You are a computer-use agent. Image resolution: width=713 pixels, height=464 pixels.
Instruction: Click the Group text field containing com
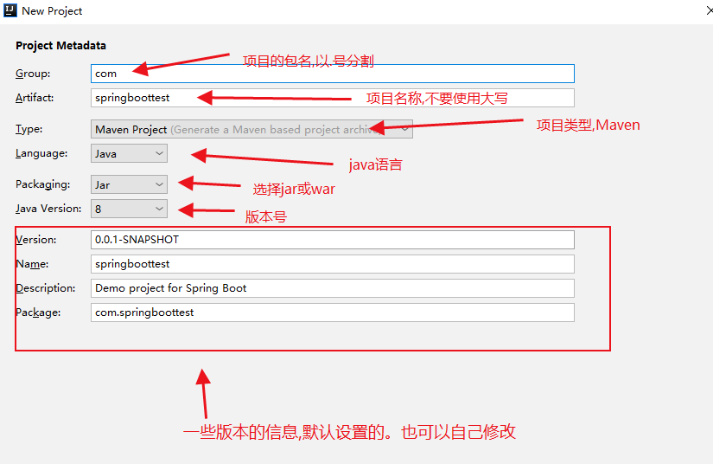coord(333,74)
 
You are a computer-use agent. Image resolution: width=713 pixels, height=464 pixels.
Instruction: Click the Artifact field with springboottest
coord(333,98)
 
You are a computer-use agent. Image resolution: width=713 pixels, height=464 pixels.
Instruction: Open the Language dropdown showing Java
coord(129,153)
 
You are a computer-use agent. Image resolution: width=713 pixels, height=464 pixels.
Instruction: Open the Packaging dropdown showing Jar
coord(129,184)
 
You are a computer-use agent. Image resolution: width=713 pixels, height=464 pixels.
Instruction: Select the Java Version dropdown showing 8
coord(129,209)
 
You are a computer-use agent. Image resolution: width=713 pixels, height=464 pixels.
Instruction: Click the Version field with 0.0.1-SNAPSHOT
coord(333,240)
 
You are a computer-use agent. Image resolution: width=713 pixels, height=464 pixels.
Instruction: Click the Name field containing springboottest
coord(333,264)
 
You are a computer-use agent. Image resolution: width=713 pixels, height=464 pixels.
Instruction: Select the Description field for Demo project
coord(333,288)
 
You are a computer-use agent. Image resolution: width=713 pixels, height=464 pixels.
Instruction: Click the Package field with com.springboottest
coord(333,313)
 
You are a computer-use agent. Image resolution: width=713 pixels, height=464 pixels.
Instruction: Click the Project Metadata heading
coord(61,46)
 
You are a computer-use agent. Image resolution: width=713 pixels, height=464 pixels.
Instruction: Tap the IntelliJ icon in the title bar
coord(10,10)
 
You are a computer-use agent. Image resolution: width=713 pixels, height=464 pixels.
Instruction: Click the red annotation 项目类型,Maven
coord(588,126)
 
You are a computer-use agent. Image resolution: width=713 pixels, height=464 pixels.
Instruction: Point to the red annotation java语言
coord(376,164)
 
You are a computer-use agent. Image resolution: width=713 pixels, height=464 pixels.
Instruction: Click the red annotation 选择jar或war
coord(294,189)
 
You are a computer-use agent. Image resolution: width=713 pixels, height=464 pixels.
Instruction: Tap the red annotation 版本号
coord(266,216)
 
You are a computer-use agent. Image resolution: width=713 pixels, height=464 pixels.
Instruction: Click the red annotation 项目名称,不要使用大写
coord(437,99)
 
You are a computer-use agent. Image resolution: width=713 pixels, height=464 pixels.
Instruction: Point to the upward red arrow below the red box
coord(204,393)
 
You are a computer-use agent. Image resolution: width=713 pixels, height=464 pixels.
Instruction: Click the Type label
coord(29,129)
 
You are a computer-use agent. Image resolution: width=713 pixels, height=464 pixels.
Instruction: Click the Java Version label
coord(48,209)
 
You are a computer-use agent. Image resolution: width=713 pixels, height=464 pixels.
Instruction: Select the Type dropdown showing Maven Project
coord(251,129)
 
